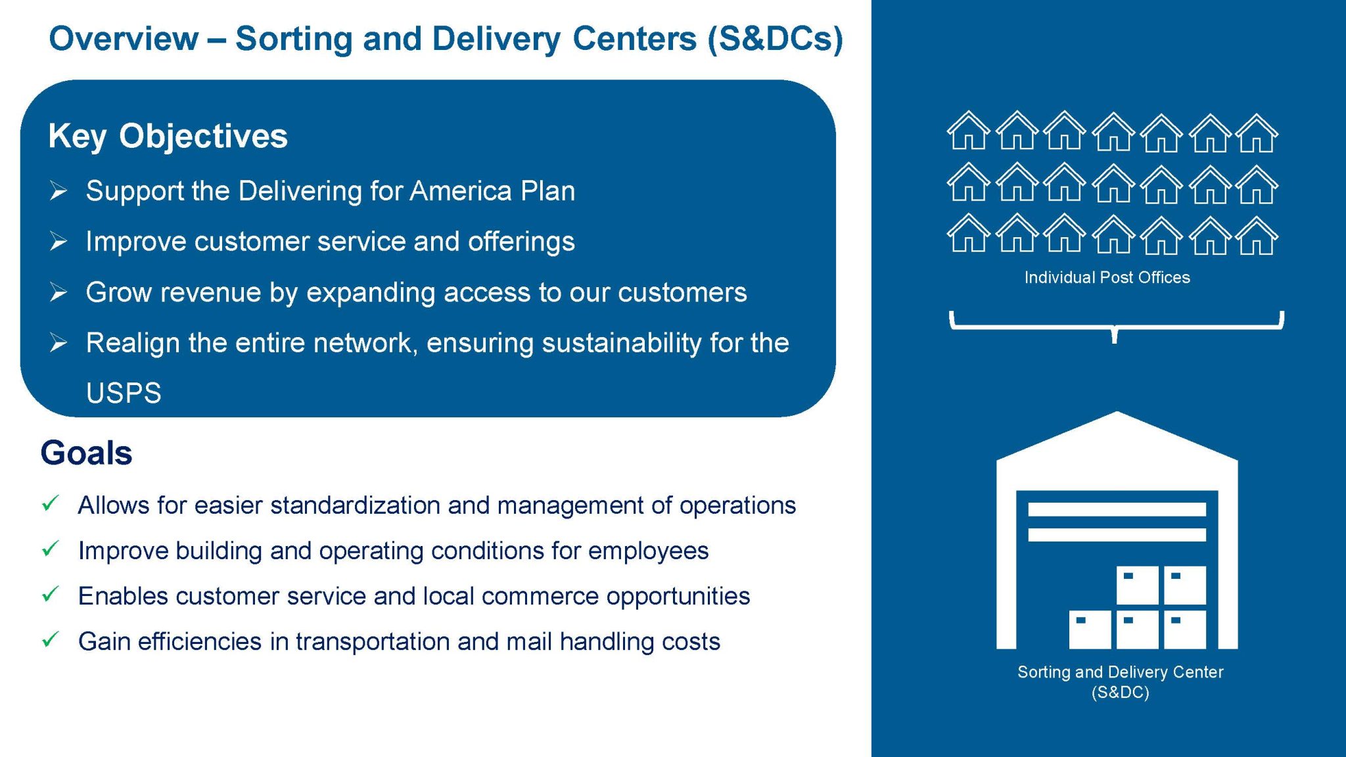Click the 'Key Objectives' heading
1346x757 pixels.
(168, 136)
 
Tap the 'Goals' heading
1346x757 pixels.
(86, 453)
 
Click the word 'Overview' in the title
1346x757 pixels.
(124, 38)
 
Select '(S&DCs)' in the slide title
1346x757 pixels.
(775, 39)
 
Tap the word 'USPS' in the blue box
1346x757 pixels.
(124, 393)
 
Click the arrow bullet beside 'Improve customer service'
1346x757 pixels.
(58, 242)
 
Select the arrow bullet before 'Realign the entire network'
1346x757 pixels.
(58, 343)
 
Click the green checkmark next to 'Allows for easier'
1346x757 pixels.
(51, 504)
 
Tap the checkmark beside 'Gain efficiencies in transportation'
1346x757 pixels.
(51, 640)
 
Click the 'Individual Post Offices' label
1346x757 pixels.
(1107, 277)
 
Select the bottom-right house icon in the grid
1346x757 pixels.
(1257, 235)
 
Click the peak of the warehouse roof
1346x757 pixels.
(1117, 412)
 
